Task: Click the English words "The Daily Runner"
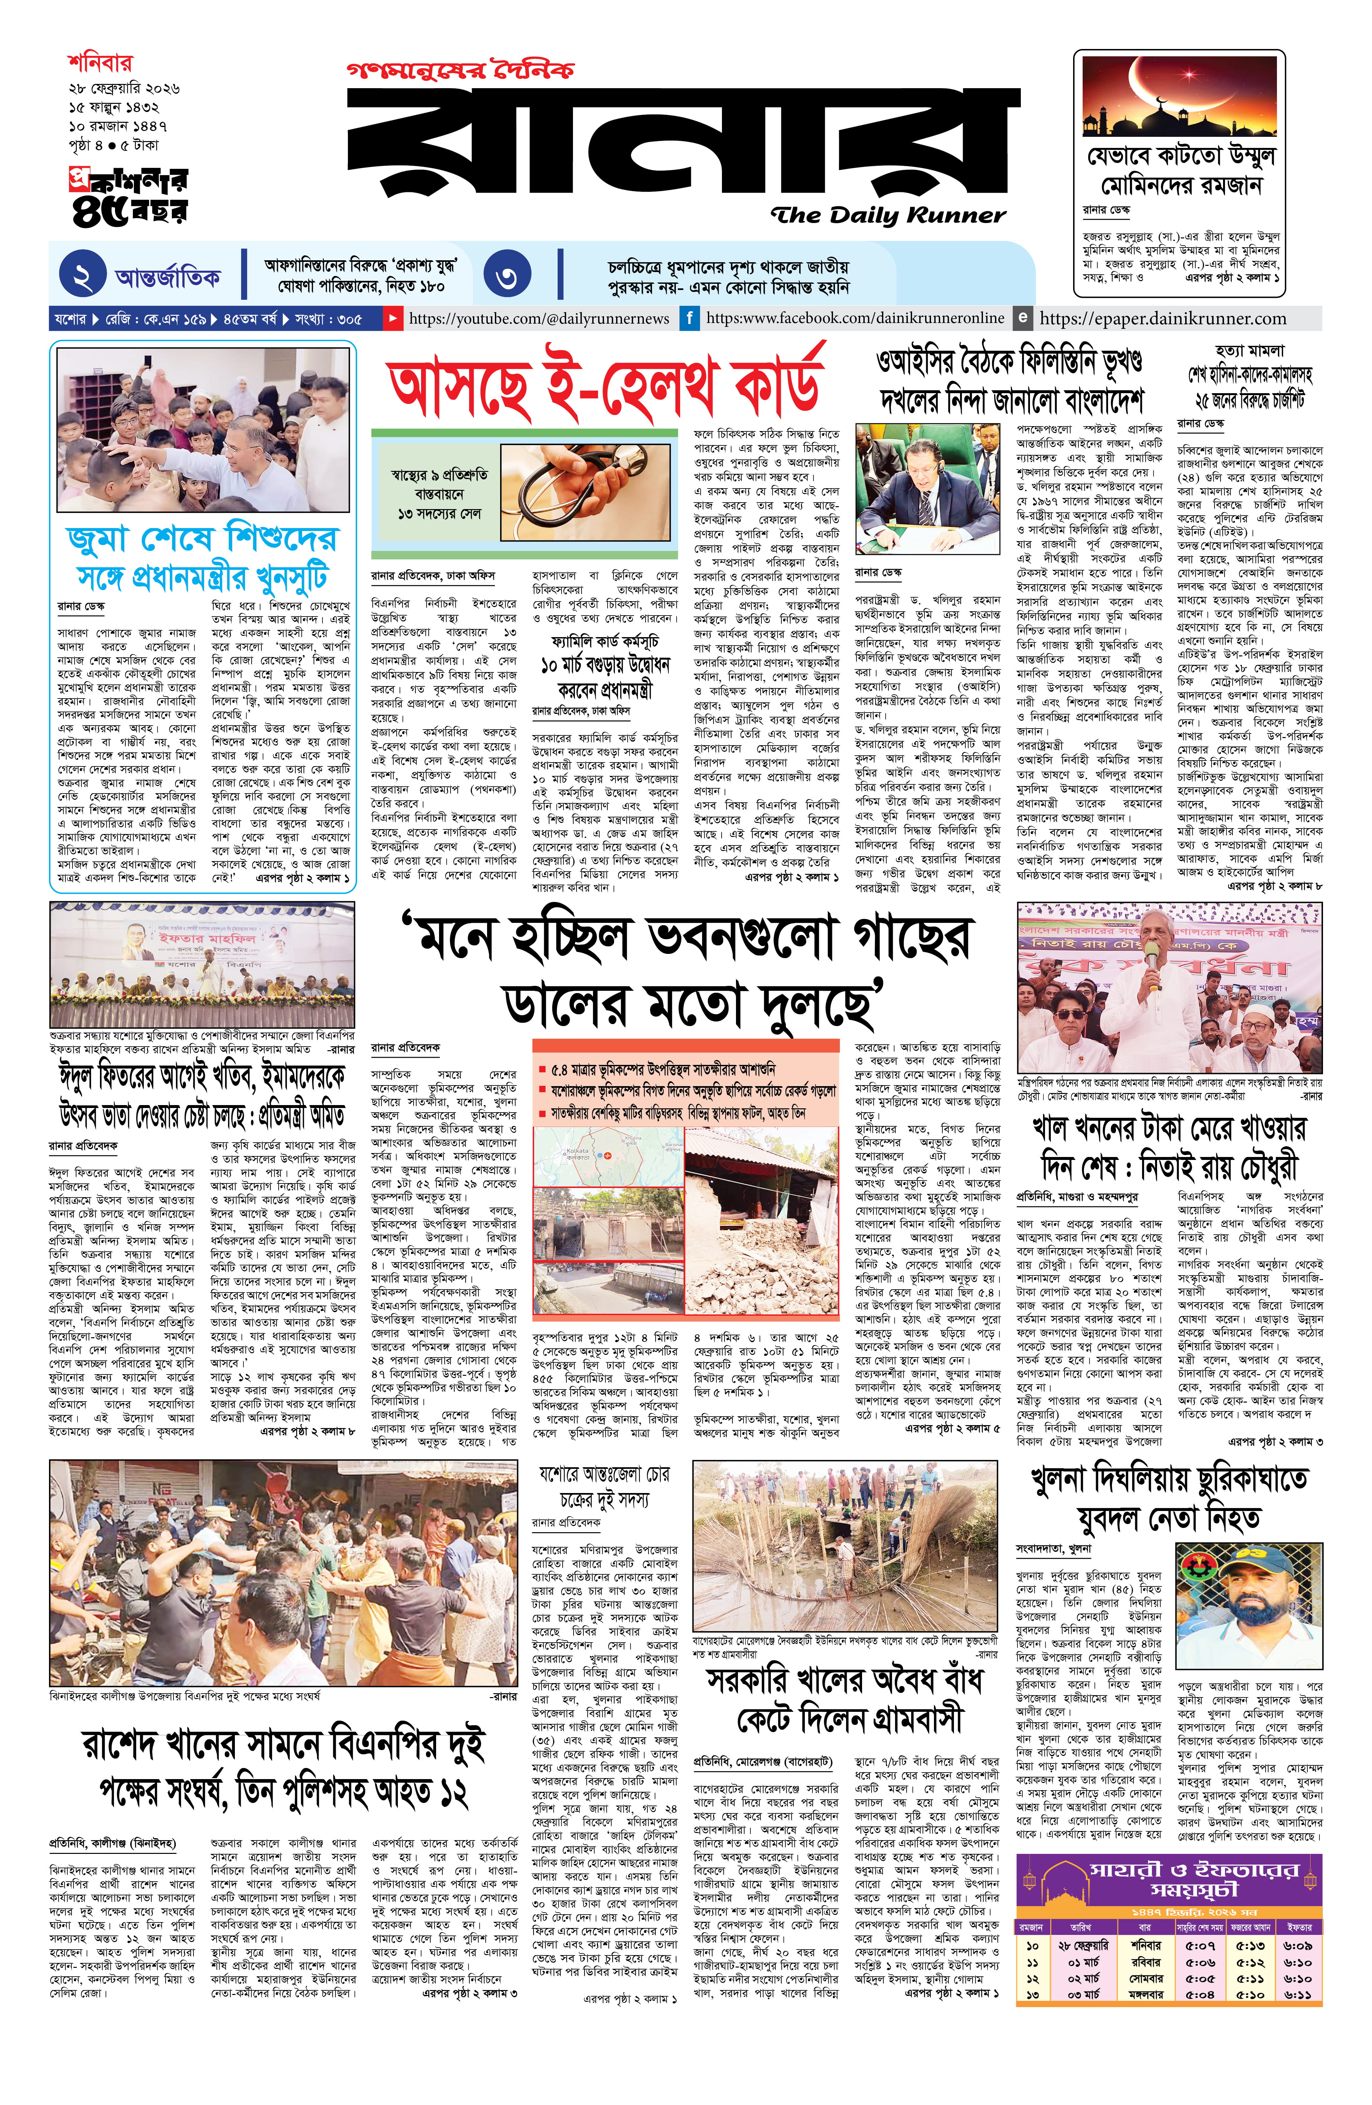pyautogui.click(x=887, y=215)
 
